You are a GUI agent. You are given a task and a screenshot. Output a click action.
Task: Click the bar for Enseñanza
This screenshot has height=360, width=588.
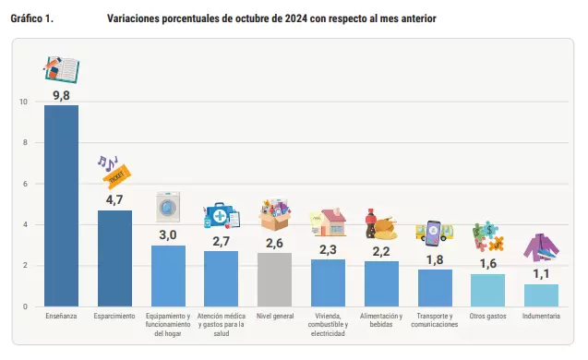[x=61, y=206]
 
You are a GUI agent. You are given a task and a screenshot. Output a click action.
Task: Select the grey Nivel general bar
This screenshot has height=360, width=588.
[x=274, y=280]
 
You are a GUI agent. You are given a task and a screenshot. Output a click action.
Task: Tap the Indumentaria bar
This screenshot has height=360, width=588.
[x=541, y=295]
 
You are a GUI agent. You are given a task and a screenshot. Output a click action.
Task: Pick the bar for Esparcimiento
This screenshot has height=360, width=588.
[x=114, y=258]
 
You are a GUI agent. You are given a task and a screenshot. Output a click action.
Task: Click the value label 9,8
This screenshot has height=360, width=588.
[x=61, y=95]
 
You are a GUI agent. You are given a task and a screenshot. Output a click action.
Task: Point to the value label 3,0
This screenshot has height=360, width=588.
[x=168, y=235]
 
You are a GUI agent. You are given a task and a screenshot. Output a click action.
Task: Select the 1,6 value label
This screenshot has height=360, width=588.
[x=488, y=264]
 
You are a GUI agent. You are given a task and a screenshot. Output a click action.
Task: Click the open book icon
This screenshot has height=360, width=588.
[x=62, y=69]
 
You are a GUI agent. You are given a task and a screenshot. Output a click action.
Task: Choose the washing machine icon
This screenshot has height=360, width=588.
[x=168, y=207]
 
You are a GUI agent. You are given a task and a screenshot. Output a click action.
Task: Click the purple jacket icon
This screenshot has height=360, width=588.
[x=541, y=247]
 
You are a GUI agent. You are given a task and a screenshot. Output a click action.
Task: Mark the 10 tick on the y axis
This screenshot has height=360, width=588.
[x=24, y=102]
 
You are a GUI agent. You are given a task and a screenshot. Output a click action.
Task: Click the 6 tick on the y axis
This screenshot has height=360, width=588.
[x=25, y=184]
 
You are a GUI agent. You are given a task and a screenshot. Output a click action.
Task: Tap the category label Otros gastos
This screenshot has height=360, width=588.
[x=488, y=316]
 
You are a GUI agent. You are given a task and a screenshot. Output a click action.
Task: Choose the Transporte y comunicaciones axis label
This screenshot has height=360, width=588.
[x=435, y=320]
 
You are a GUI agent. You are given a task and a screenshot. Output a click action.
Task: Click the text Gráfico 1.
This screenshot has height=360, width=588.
[x=32, y=18]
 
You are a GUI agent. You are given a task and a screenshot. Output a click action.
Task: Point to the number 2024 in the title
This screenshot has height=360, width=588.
[x=296, y=18]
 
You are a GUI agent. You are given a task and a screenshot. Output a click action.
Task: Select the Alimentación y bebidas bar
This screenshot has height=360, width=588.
[x=381, y=284]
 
